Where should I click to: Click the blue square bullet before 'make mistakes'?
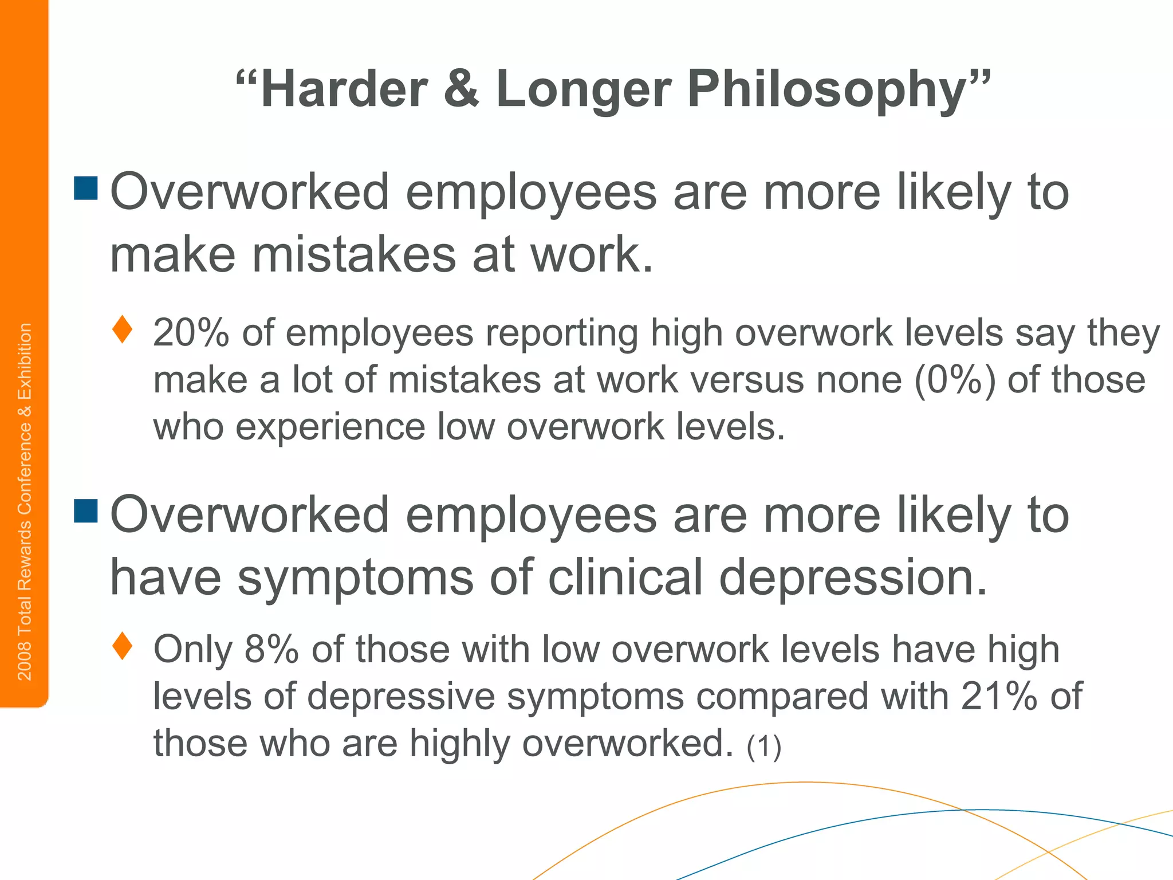pyautogui.click(x=86, y=188)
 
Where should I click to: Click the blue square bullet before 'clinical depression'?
pyautogui.click(x=86, y=511)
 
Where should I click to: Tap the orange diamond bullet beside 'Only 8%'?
pyautogui.click(x=123, y=646)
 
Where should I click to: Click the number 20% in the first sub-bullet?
pyautogui.click(x=191, y=333)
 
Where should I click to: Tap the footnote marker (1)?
pyautogui.click(x=764, y=746)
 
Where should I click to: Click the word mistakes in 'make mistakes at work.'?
pyautogui.click(x=354, y=254)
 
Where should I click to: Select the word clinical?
pyautogui.click(x=625, y=577)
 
